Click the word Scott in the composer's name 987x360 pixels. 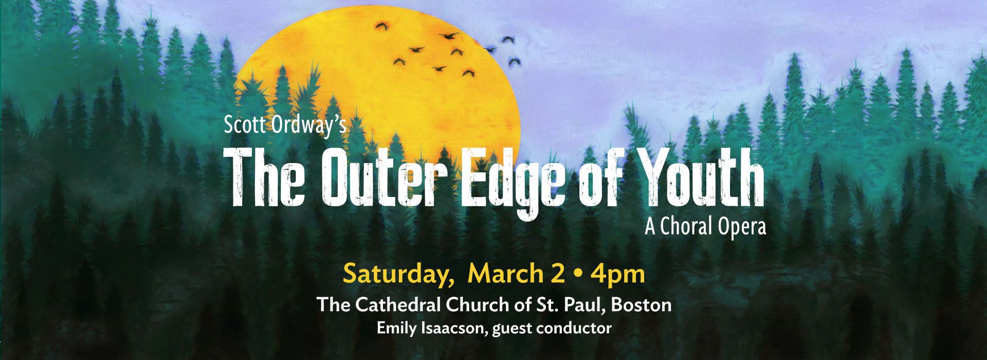click(243, 125)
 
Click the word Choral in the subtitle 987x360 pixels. click(686, 227)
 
